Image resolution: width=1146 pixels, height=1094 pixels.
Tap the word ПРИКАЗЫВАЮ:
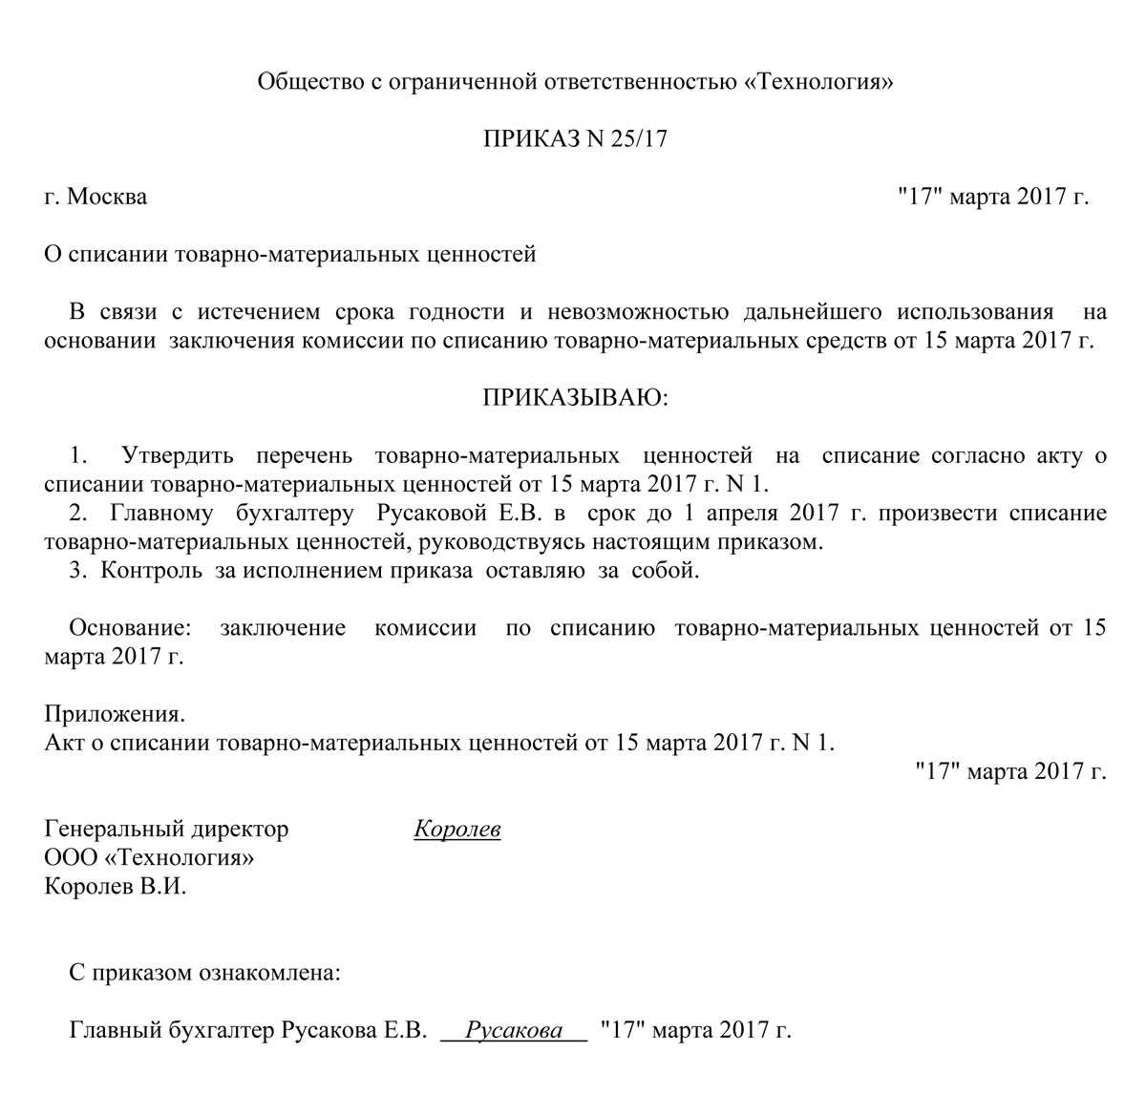coord(576,398)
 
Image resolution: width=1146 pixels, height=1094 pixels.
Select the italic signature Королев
coord(457,830)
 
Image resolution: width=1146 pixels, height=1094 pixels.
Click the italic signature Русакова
coord(514,1031)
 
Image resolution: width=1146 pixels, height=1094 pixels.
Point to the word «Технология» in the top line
coord(818,82)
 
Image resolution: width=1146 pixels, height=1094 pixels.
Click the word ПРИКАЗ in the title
coord(530,139)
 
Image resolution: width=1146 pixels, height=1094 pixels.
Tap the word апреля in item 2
coord(745,514)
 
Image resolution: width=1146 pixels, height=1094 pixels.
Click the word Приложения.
coord(115,714)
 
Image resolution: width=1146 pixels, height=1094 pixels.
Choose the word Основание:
coord(130,628)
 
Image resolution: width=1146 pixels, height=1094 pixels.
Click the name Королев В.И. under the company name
coord(116,887)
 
